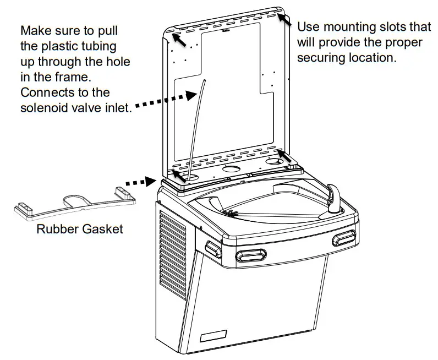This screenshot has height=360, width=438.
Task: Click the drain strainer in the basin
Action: (232, 210)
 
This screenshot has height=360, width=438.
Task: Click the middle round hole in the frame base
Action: (233, 167)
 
